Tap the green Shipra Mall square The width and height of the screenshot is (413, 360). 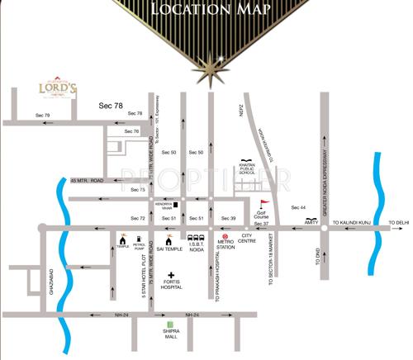pyautogui.click(x=171, y=325)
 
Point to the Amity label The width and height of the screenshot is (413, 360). pyautogui.click(x=311, y=221)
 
